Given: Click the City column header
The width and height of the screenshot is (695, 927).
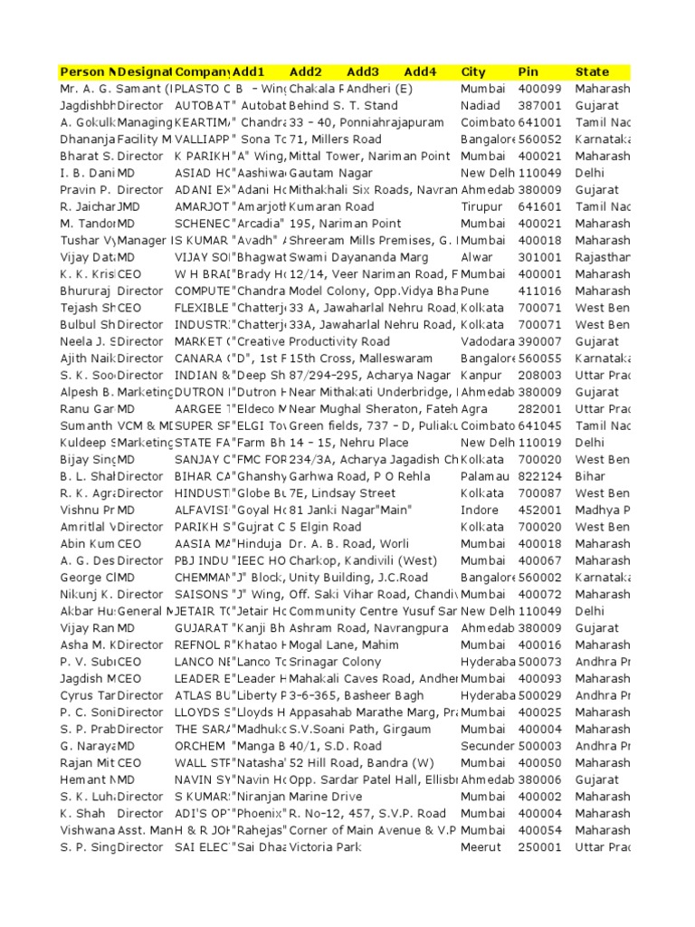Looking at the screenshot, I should click(473, 72).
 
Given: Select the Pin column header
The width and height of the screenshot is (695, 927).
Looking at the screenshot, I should click(528, 72).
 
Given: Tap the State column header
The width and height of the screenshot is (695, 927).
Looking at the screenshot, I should click(592, 72).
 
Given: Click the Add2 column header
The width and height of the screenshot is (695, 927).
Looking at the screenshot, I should click(306, 72).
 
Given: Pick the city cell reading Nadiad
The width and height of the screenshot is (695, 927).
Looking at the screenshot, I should click(480, 106).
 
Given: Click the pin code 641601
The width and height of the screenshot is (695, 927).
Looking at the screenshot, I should click(538, 206).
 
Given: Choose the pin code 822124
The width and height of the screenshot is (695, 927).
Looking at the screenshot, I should click(538, 476).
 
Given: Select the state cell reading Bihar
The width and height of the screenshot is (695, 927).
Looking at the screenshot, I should click(590, 476).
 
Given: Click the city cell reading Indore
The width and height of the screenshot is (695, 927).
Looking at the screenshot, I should click(479, 510).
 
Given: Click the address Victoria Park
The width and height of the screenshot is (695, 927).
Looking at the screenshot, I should click(325, 846).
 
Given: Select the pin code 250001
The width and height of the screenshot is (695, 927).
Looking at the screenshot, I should click(538, 846).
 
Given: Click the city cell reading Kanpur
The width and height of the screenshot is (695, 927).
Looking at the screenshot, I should click(480, 375).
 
